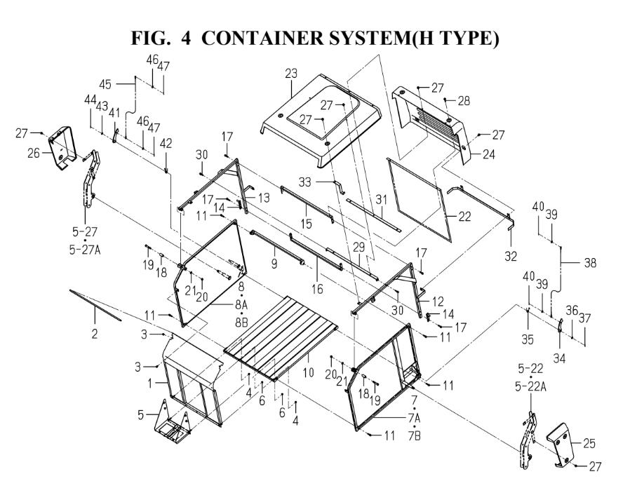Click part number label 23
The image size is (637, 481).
coord(291,74)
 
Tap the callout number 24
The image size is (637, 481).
coord(489,154)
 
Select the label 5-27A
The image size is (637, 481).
coord(84,250)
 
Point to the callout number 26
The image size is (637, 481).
coord(34,153)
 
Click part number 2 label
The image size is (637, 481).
coord(94,334)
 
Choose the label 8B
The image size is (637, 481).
coord(241,323)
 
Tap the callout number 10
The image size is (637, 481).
coord(309,372)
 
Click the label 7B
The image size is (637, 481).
coord(415,436)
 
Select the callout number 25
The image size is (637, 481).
coord(589,443)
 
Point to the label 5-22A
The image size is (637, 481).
coord(530,387)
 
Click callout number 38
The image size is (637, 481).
coord(590,263)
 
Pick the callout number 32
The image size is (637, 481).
coord(511,256)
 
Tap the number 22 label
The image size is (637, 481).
coord(464,217)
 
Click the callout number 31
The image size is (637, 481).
coord(381,199)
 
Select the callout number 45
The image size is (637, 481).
coord(105,84)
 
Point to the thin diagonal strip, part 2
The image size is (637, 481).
coord(95,305)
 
